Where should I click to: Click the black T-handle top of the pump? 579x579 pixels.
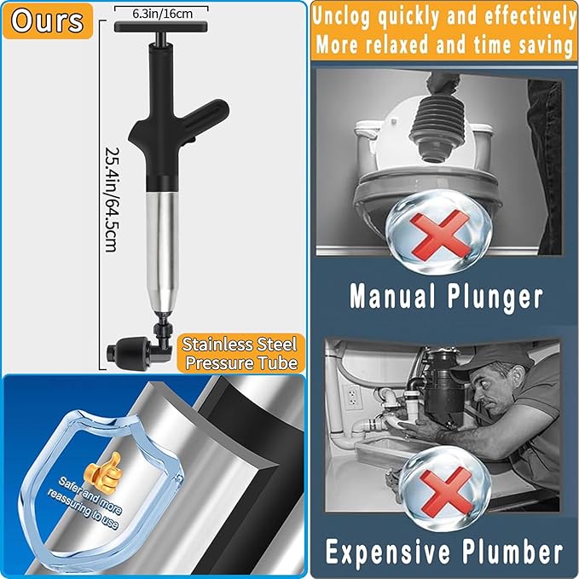coord(163,27)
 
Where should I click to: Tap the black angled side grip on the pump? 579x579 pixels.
coord(204,116)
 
